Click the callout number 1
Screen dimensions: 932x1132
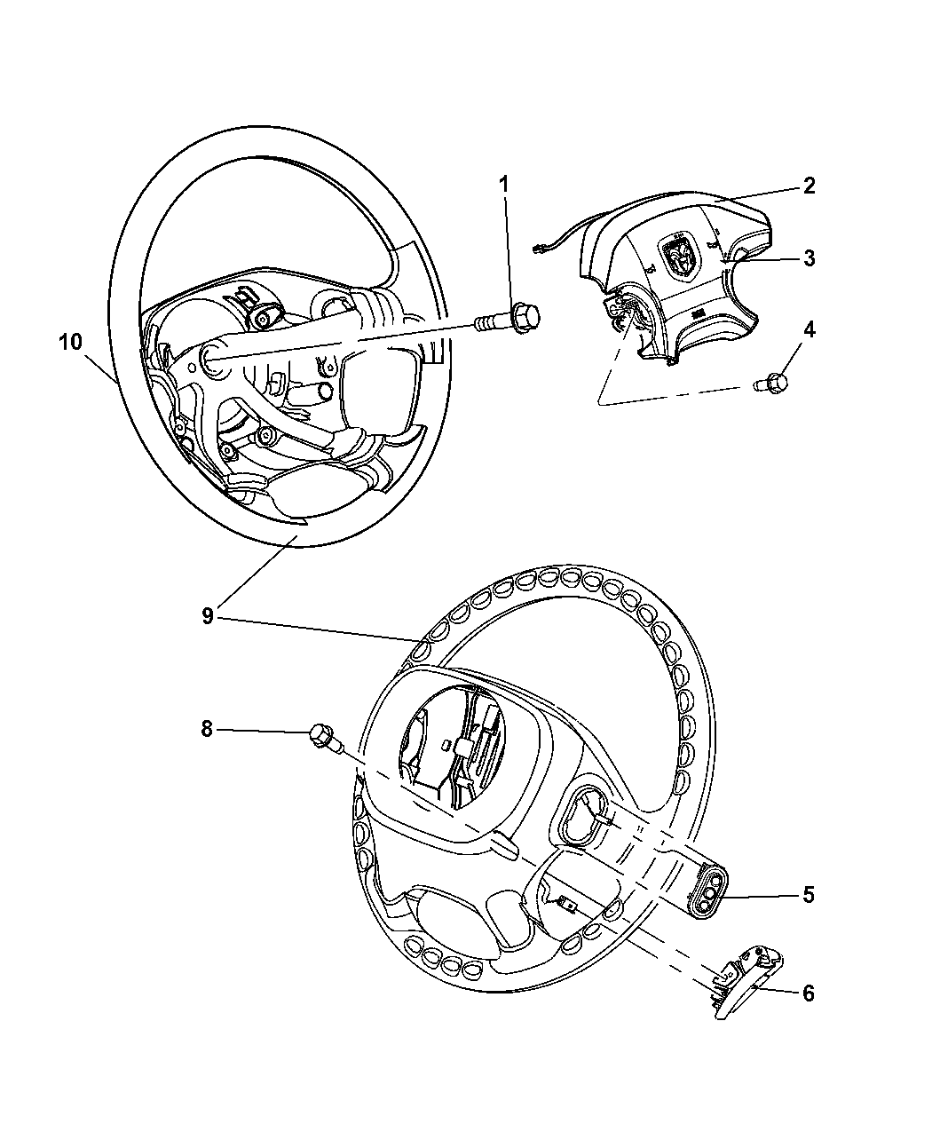(504, 185)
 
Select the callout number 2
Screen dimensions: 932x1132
(809, 186)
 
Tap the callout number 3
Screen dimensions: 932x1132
(809, 258)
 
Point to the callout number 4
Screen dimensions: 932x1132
(809, 329)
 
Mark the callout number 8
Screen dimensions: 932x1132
(207, 729)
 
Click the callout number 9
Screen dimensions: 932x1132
(208, 616)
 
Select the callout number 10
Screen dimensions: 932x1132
(70, 342)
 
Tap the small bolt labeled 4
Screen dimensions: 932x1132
(770, 384)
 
